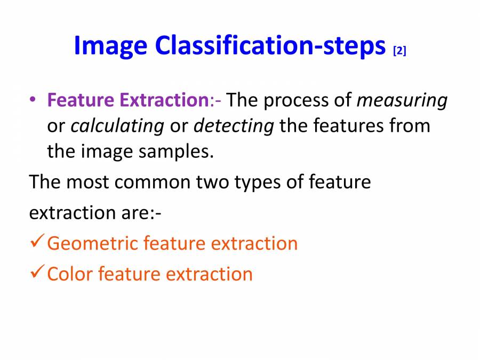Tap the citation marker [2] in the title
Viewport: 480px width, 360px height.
(399, 51)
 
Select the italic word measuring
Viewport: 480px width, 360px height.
(402, 100)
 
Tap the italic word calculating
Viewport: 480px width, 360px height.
(117, 126)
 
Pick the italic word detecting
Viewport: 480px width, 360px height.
(234, 126)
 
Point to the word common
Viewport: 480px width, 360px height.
(152, 182)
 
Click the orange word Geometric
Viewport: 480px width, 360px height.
(92, 243)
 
